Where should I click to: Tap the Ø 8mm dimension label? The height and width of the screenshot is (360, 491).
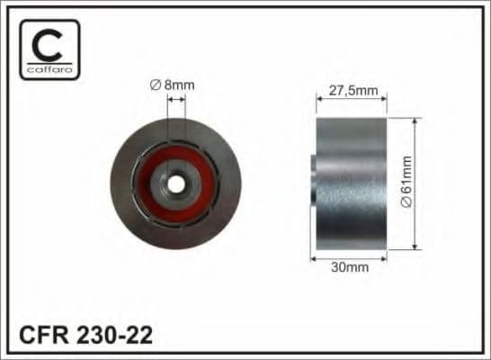pyautogui.click(x=173, y=85)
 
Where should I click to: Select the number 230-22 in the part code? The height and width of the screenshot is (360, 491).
pyautogui.click(x=113, y=336)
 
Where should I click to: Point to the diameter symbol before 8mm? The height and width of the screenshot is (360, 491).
pyautogui.click(x=155, y=85)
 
